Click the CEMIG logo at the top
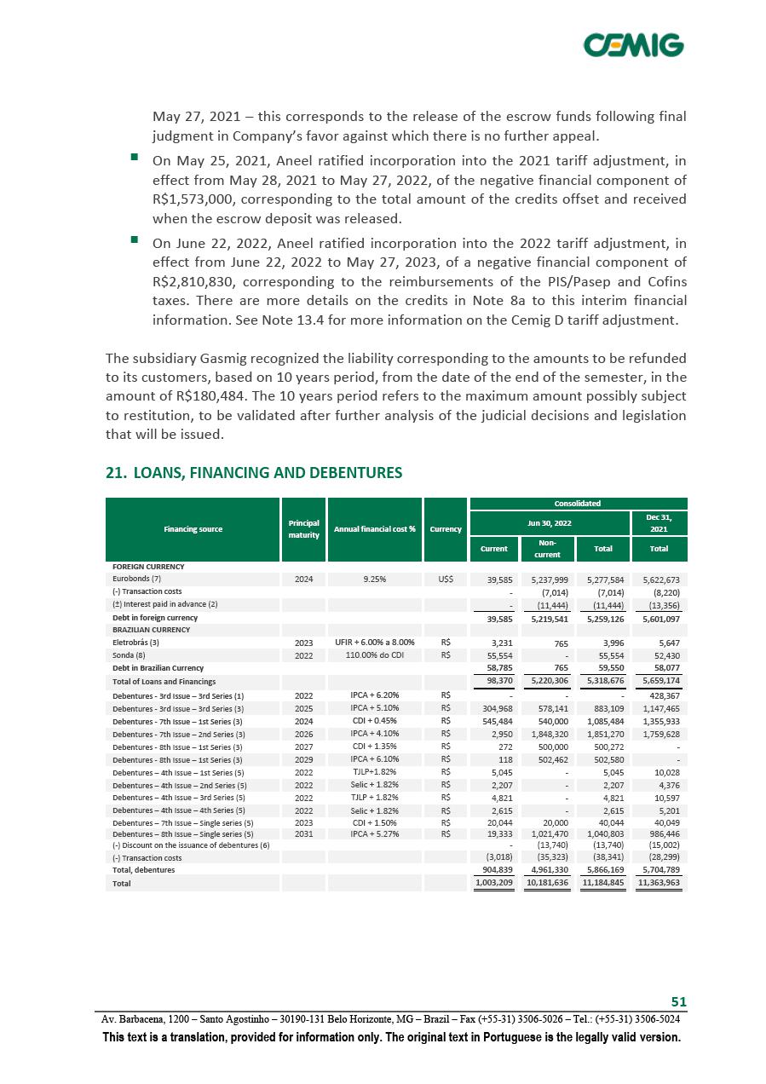pyautogui.click(x=633, y=45)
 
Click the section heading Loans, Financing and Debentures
pyautogui.click(x=254, y=471)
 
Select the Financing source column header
pyautogui.click(x=193, y=529)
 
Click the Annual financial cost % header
pyautogui.click(x=374, y=529)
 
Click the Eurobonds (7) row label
pyautogui.click(x=137, y=579)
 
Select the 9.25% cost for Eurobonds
pyautogui.click(x=374, y=579)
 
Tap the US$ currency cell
pyautogui.click(x=446, y=579)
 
